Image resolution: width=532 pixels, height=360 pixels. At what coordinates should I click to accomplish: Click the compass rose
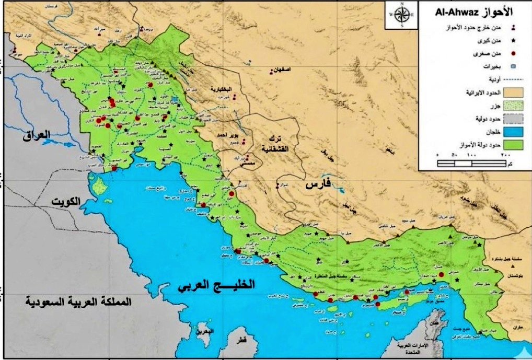pyautogui.click(x=401, y=15)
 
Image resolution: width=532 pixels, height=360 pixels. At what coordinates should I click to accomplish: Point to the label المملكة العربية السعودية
pyautogui.click(x=78, y=302)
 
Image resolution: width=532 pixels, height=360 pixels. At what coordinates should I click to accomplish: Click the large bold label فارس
pyautogui.click(x=317, y=185)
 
